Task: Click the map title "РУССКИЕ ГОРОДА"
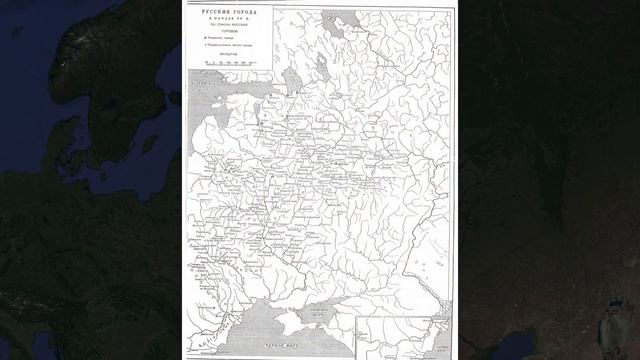(229, 8)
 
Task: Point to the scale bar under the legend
(229, 62)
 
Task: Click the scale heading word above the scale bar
(229, 55)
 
